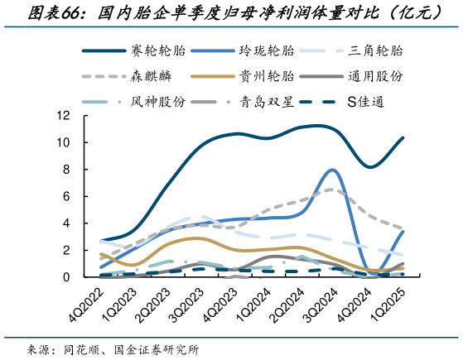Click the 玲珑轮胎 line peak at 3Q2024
coord(331,170)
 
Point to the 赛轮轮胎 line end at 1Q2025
coord(403,137)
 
